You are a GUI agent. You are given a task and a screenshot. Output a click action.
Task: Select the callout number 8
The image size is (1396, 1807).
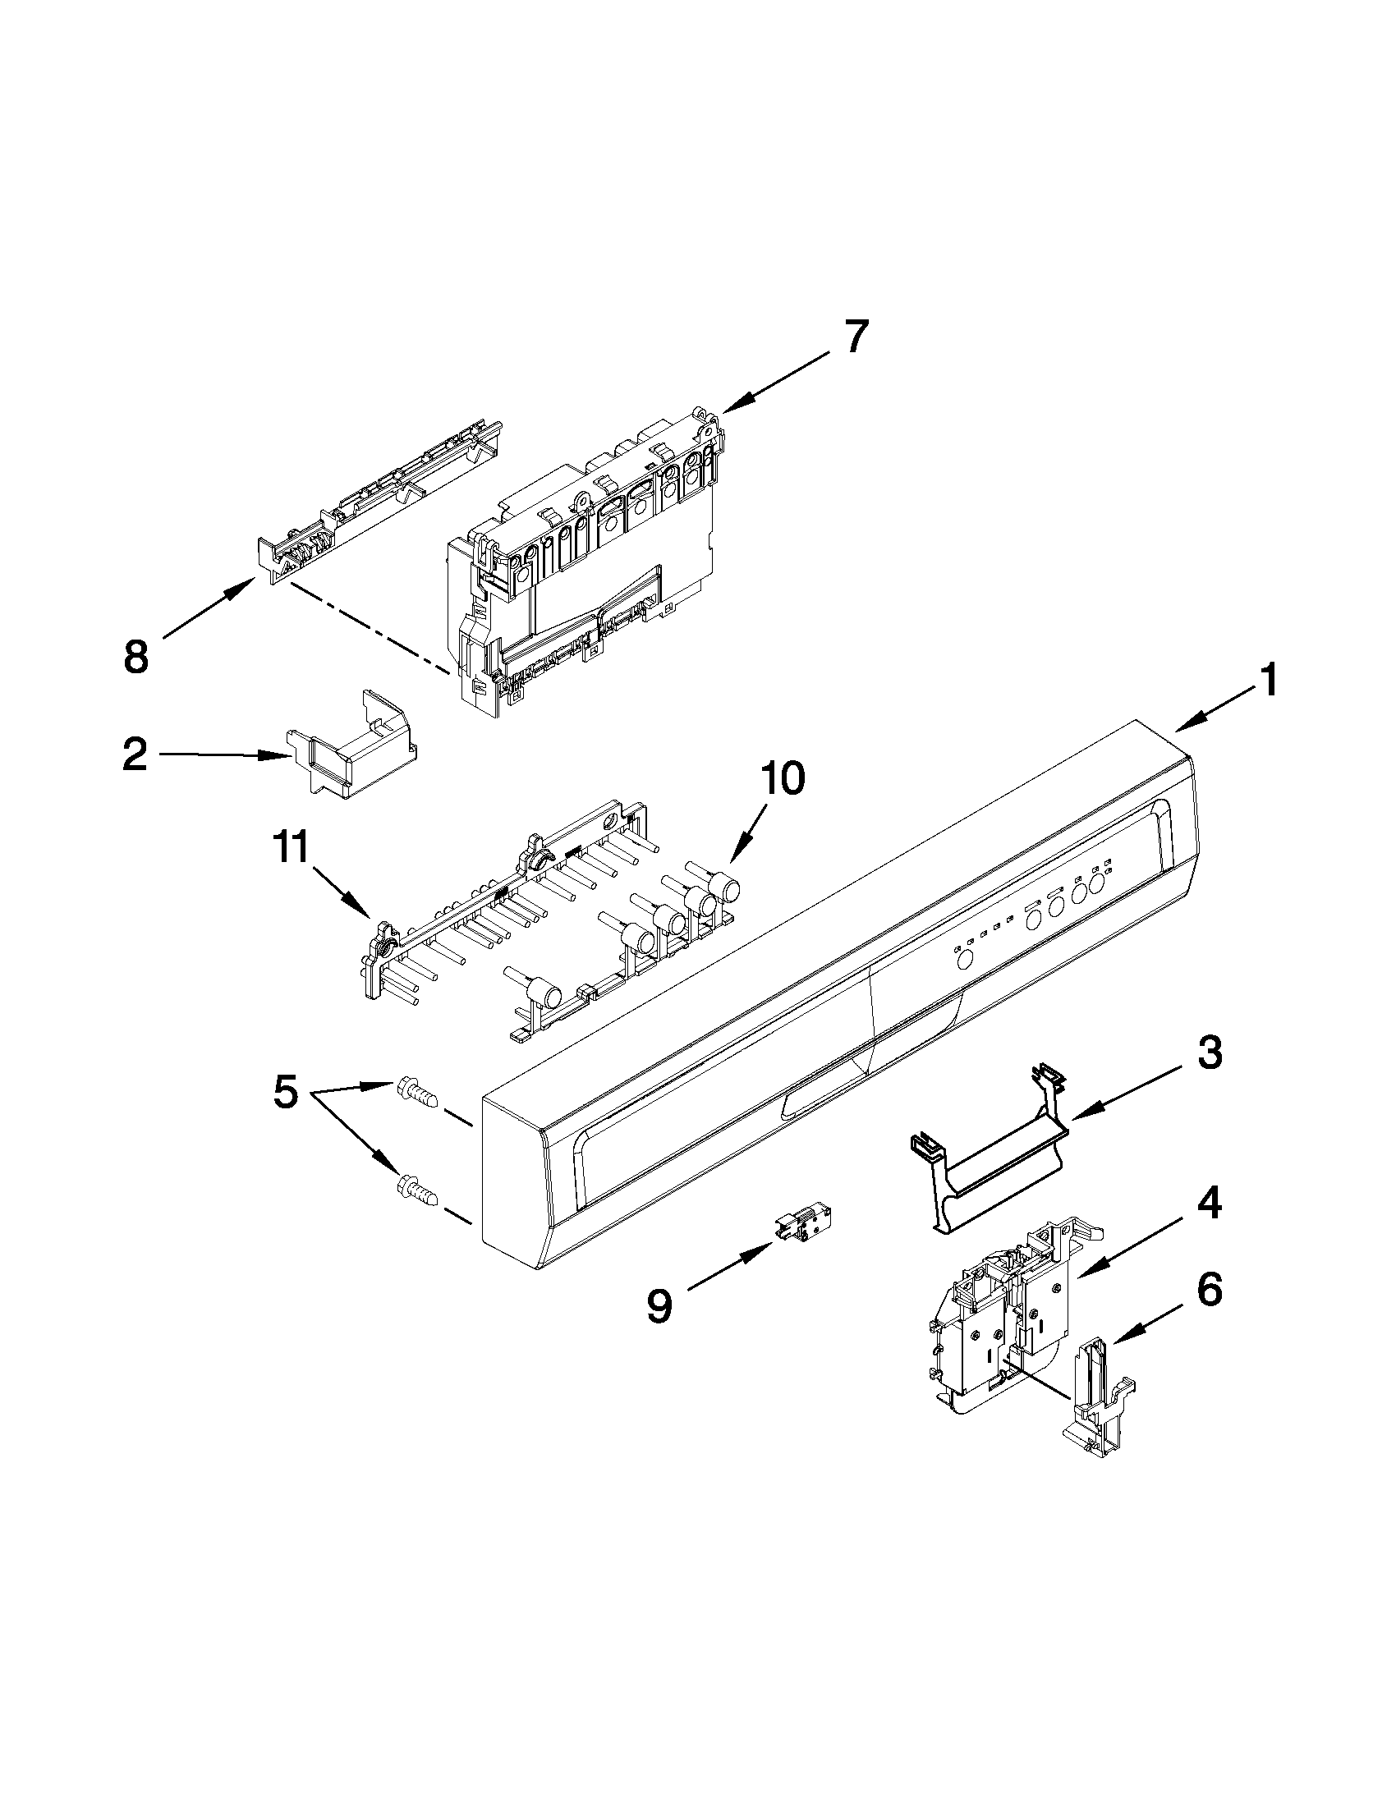pos(135,656)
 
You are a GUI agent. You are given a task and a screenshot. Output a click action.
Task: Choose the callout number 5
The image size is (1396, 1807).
pos(286,1093)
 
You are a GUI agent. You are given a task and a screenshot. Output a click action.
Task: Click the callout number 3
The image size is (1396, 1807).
pos(1209,1053)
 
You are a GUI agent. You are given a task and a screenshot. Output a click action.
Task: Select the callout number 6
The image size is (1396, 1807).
pos(1209,1290)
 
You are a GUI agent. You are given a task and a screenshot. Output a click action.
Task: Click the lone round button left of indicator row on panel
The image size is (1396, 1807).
pos(962,961)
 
